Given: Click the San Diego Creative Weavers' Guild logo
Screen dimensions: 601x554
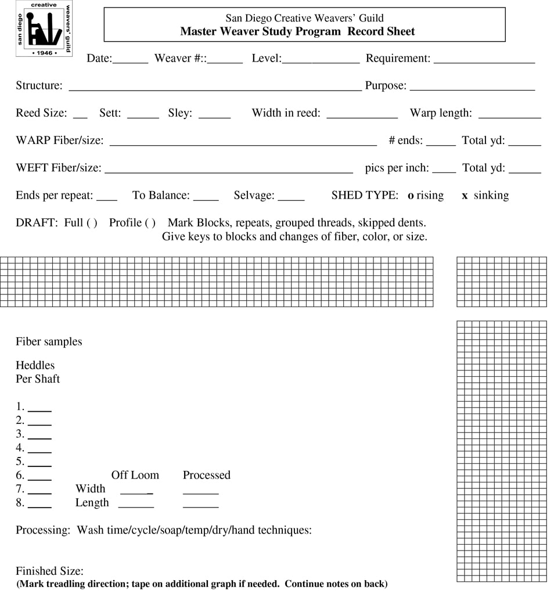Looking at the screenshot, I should click(x=44, y=28).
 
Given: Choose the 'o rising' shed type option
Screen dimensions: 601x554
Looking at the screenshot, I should click(x=426, y=196).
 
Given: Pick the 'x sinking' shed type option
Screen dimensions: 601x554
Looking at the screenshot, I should click(x=485, y=196).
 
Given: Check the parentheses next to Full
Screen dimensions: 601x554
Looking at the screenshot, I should click(x=92, y=223).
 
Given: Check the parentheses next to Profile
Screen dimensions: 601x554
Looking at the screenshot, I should click(x=150, y=223).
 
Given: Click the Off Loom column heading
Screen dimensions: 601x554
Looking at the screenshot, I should click(x=135, y=475).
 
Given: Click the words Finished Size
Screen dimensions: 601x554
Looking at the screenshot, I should click(x=49, y=571).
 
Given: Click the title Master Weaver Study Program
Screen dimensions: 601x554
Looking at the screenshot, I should click(x=260, y=31).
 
